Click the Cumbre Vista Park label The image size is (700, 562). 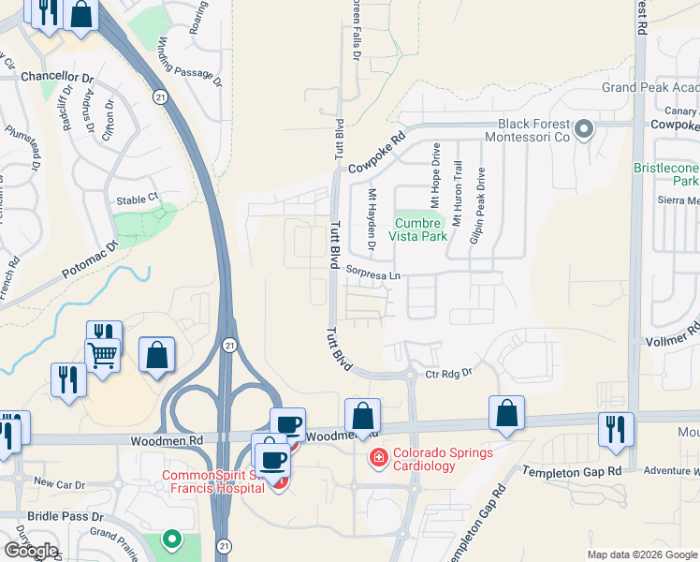pyautogui.click(x=420, y=230)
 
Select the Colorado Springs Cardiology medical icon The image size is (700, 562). pyautogui.click(x=379, y=458)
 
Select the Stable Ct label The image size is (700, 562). pyautogui.click(x=138, y=200)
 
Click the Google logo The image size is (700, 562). pyautogui.click(x=30, y=551)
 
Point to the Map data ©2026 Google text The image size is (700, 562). pyautogui.click(x=641, y=555)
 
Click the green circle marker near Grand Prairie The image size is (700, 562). pyautogui.click(x=171, y=540)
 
